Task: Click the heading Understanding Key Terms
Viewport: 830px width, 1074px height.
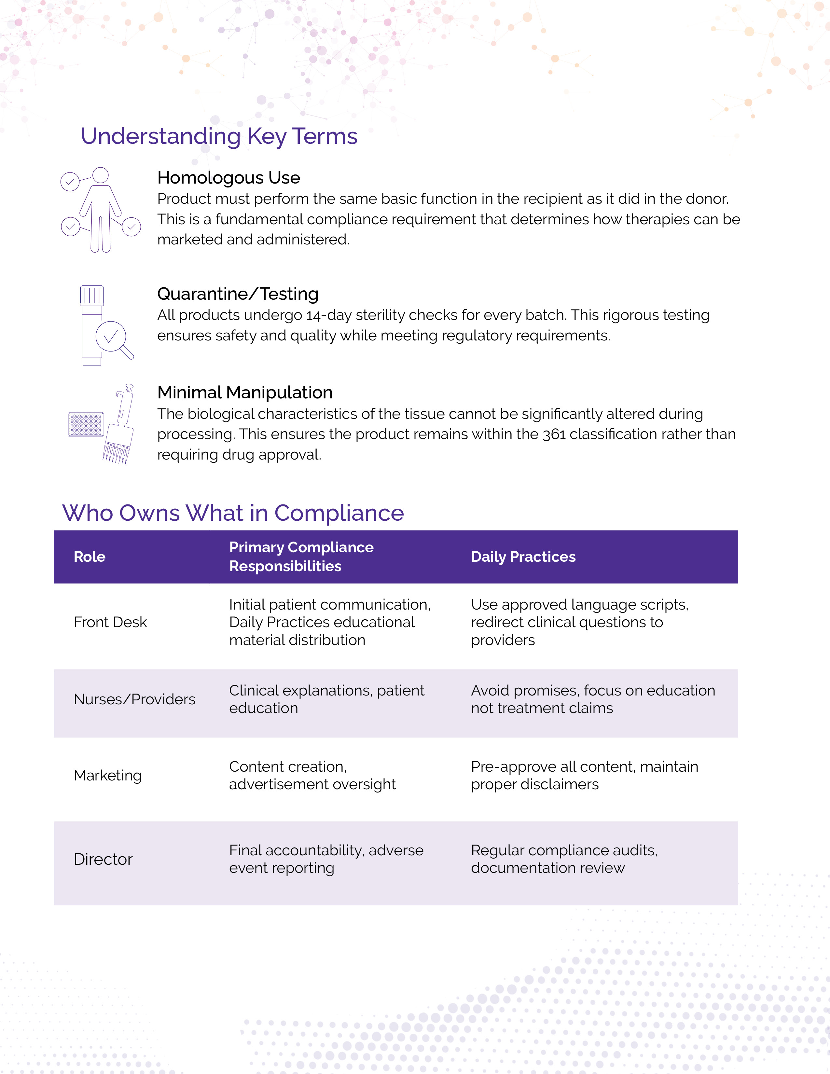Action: (x=219, y=136)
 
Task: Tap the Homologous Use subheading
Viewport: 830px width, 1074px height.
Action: (x=228, y=177)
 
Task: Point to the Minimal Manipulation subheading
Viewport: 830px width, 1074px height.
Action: (x=245, y=392)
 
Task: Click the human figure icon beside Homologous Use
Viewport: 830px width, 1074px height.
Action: (x=100, y=210)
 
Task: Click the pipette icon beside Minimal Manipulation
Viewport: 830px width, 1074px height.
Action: (x=120, y=425)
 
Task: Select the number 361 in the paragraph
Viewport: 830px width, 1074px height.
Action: (x=554, y=434)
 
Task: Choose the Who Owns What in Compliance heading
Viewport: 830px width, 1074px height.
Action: (x=233, y=513)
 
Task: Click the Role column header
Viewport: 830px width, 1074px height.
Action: (x=90, y=557)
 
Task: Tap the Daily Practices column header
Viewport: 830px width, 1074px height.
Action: (x=523, y=557)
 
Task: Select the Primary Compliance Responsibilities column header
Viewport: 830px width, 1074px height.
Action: (x=301, y=557)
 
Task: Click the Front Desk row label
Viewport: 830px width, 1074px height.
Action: (x=110, y=622)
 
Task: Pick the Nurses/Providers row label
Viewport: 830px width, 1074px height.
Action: (x=134, y=699)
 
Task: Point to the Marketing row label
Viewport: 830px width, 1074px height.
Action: (x=108, y=776)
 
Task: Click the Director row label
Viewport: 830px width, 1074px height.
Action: (x=103, y=859)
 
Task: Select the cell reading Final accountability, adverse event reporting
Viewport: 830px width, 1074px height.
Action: (x=326, y=859)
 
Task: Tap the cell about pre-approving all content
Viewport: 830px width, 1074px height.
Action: (x=584, y=776)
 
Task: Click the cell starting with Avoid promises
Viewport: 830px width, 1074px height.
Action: (x=592, y=699)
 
